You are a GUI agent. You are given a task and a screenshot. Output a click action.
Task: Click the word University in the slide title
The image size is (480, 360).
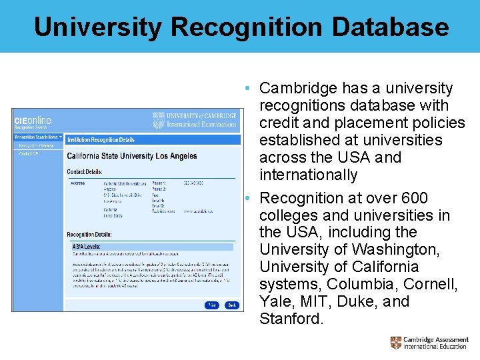tap(97, 27)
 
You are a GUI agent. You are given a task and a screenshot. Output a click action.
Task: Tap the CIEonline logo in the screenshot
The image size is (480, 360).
tap(33, 121)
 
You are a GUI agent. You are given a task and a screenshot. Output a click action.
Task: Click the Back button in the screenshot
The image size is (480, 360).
tap(231, 305)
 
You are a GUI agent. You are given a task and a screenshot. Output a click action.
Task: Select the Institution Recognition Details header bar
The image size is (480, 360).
tap(101, 140)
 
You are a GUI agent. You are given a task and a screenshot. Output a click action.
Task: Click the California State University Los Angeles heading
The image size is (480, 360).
tap(132, 156)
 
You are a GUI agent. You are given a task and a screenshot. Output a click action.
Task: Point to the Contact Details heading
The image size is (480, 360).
tap(85, 171)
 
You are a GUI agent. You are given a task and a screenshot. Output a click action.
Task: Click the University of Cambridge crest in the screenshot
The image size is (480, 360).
tap(159, 120)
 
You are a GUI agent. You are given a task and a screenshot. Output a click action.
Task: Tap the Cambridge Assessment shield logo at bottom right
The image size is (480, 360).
tap(396, 343)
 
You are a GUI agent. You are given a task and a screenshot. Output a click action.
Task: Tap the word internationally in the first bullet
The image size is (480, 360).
tap(300, 175)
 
